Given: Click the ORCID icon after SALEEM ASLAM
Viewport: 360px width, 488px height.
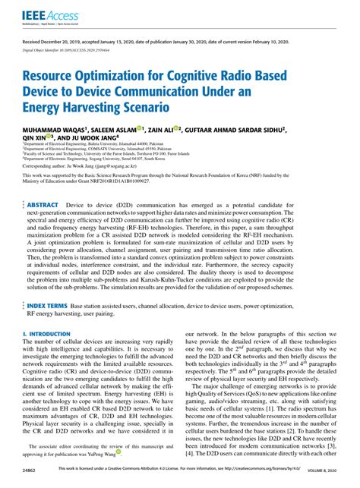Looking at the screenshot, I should (141, 129).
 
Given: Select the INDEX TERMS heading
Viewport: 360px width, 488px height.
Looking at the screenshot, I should (47, 305).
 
